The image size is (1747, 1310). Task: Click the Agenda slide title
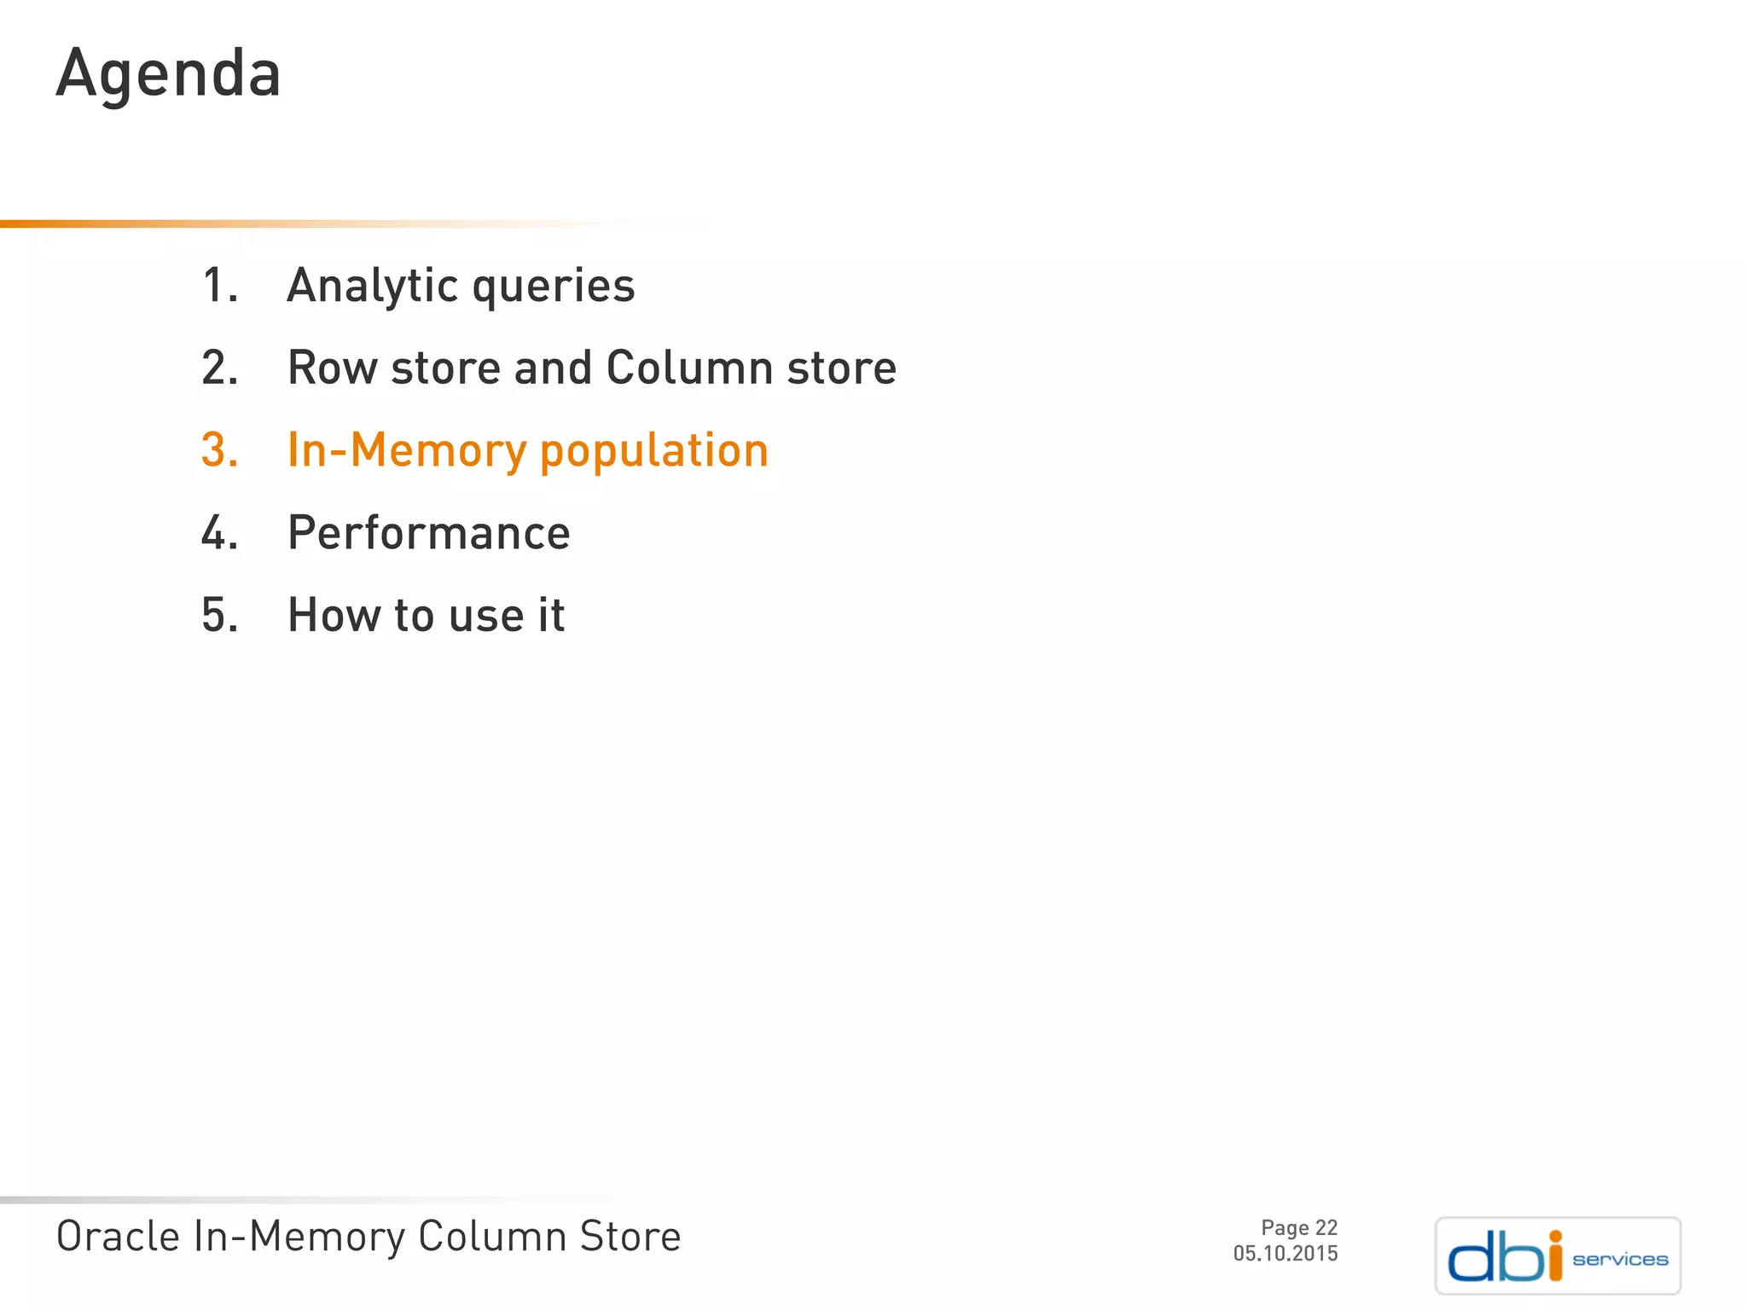(168, 74)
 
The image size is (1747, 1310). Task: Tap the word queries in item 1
(554, 287)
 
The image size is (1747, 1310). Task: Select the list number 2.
(219, 368)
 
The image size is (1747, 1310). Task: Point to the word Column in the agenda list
(689, 368)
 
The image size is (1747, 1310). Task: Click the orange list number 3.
(219, 450)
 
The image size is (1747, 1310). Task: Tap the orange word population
(654, 452)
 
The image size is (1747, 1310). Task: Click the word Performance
(428, 533)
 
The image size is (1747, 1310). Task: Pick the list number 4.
(219, 533)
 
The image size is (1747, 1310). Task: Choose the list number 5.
(219, 615)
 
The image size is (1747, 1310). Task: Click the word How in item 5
(333, 615)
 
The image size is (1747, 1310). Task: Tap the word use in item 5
(485, 617)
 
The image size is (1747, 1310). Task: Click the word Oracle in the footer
(118, 1237)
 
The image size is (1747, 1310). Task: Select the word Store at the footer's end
(630, 1237)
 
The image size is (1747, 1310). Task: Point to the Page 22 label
(1298, 1228)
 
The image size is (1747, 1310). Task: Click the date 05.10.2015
(1285, 1254)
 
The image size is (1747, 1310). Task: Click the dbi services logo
(1558, 1255)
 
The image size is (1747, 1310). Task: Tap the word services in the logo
(1620, 1260)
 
